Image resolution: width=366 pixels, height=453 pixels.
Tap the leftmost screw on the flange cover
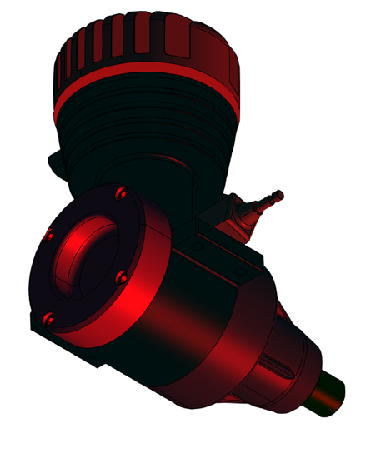[49, 236]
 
